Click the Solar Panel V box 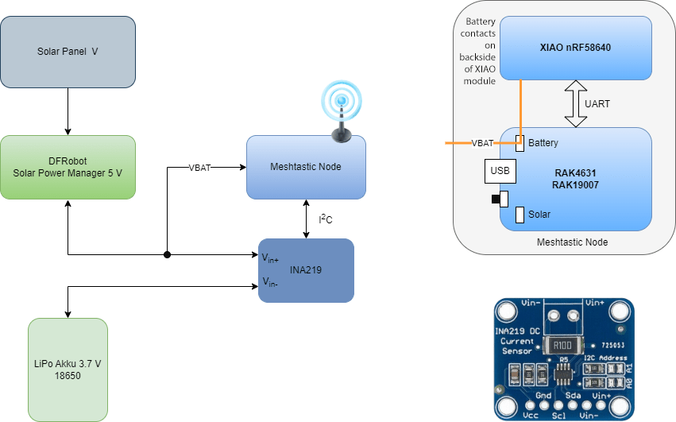click(68, 52)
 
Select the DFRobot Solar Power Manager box click(68, 166)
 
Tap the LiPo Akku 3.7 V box click(68, 370)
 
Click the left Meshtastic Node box click(306, 167)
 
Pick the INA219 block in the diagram click(306, 270)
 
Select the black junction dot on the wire click(168, 255)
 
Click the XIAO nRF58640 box click(576, 48)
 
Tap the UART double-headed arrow click(576, 103)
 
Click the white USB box click(500, 171)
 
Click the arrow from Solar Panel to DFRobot click(68, 110)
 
